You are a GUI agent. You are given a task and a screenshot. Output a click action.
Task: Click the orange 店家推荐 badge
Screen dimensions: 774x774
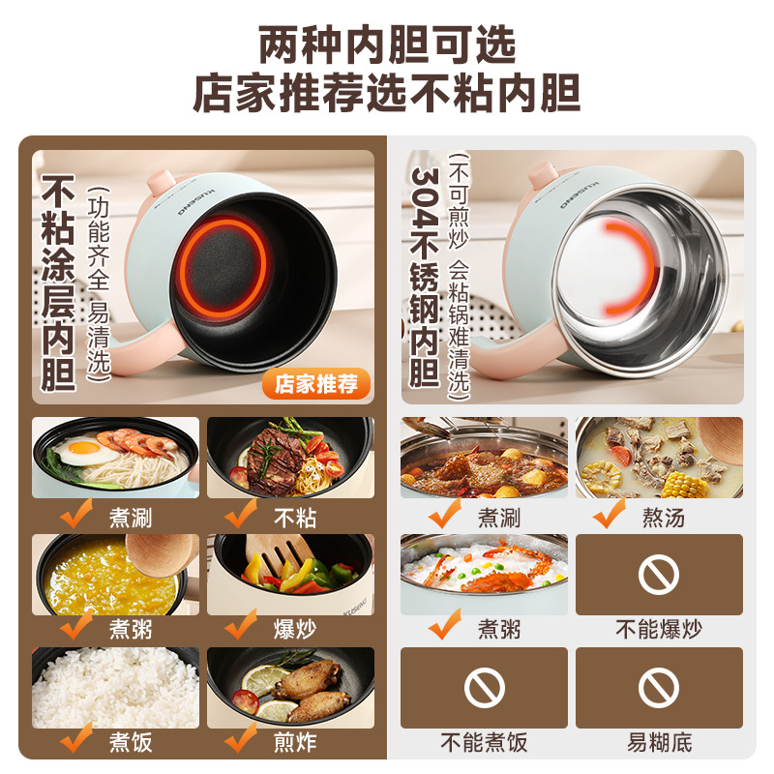316,383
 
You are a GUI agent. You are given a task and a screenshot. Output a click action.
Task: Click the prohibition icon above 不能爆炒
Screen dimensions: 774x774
659,574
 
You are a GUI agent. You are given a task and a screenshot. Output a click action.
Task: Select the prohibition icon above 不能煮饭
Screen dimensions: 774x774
485,688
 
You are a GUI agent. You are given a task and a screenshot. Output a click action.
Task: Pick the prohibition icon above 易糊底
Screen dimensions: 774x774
659,688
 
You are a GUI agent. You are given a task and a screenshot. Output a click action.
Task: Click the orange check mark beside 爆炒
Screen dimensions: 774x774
241,624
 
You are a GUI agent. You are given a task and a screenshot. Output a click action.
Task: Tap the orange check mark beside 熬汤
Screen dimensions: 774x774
610,513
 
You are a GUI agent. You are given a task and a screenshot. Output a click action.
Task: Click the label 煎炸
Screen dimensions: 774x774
295,742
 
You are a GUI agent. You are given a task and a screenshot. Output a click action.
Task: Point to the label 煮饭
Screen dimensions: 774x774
131,742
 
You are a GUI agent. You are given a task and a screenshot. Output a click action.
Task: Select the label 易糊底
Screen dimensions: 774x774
660,742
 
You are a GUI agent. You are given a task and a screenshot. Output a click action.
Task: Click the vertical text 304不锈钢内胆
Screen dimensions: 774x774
425,278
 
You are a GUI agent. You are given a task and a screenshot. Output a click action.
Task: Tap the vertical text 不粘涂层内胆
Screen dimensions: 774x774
58,283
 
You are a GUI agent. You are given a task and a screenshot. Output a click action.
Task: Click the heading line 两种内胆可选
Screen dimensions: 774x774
387,45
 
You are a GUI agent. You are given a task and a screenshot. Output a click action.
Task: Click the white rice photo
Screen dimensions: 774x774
115,688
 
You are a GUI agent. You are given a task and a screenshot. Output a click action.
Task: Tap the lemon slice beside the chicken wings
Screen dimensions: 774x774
263,680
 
